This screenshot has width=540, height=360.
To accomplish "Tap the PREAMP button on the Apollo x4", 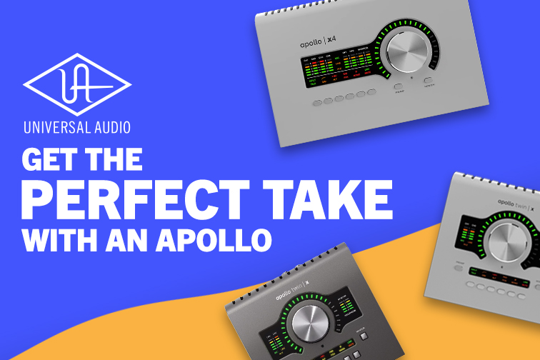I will (399, 89).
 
